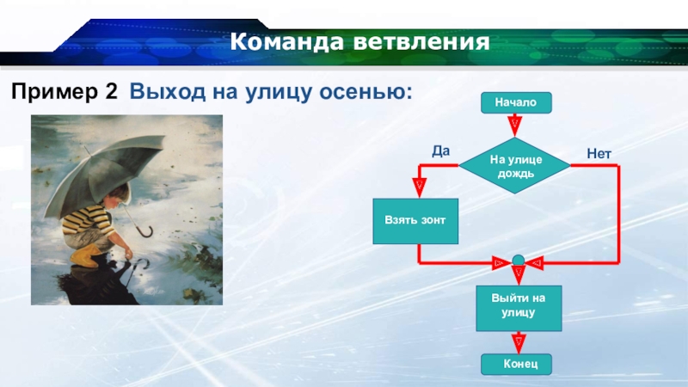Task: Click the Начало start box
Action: (x=516, y=102)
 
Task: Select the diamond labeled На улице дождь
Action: (x=514, y=165)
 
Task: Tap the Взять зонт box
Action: (x=415, y=221)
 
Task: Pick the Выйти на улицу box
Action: (x=519, y=308)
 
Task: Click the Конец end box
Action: (x=516, y=364)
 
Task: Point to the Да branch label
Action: (x=440, y=151)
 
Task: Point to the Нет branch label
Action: (x=599, y=154)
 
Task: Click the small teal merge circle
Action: (x=519, y=261)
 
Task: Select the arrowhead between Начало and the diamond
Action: (x=514, y=126)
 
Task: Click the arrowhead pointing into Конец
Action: (x=519, y=342)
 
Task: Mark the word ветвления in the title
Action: (x=421, y=41)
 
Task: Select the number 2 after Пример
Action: (x=112, y=91)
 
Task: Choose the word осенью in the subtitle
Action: (x=365, y=91)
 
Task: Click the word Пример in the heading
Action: (x=55, y=92)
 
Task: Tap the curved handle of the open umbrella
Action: (x=146, y=231)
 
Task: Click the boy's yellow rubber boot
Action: (x=85, y=255)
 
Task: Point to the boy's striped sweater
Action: (x=88, y=219)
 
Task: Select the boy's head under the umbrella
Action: (x=119, y=196)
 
